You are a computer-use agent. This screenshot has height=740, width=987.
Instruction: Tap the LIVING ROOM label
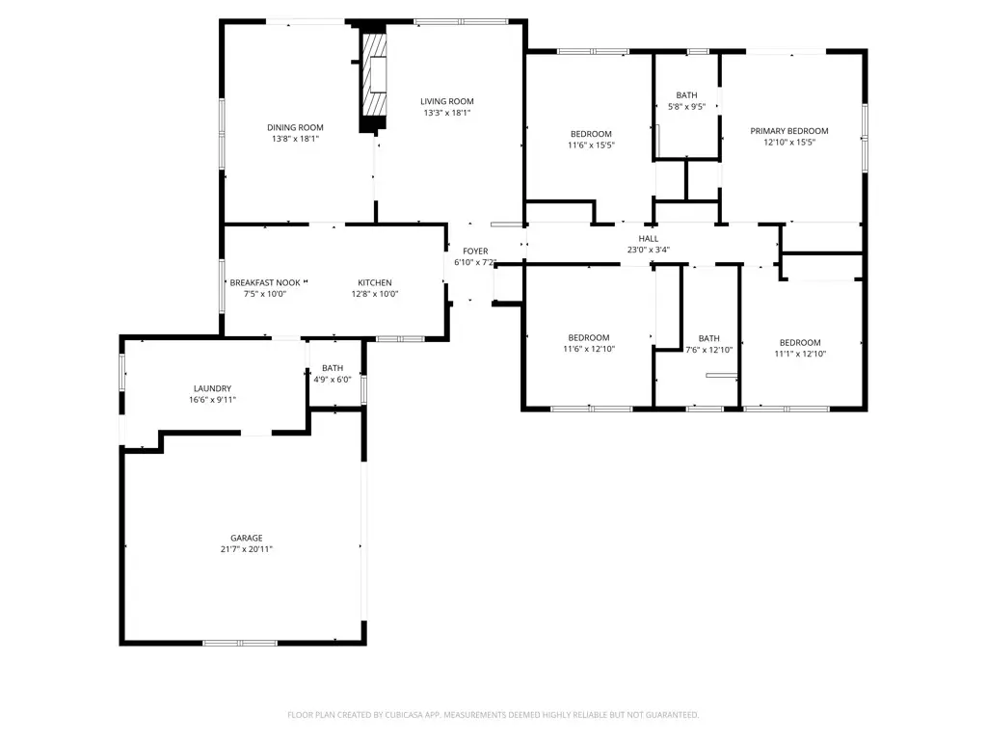(446, 101)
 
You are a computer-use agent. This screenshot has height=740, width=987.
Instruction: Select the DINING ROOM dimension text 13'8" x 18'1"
(295, 139)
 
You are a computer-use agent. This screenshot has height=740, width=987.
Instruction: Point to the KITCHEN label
(375, 282)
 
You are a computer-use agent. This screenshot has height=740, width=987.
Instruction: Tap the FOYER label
(475, 251)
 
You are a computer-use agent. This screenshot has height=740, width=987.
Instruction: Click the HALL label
(648, 238)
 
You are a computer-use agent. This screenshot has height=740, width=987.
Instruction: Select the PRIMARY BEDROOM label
(789, 131)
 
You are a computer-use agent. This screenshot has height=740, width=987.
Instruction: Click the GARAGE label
(246, 538)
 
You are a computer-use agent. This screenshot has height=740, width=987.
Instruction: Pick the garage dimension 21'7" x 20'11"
(246, 549)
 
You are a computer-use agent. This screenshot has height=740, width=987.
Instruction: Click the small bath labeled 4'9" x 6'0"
(333, 374)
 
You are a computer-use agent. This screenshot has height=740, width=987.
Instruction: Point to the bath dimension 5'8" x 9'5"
(686, 107)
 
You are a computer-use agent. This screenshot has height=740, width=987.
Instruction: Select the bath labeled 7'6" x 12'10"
(708, 344)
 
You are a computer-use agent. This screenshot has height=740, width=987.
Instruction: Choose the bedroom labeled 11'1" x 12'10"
(799, 348)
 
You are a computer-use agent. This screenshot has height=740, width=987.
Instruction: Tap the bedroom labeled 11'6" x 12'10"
(590, 343)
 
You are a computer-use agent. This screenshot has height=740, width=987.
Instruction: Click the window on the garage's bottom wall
(239, 642)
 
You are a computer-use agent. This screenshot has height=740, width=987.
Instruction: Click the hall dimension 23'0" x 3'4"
(648, 250)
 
